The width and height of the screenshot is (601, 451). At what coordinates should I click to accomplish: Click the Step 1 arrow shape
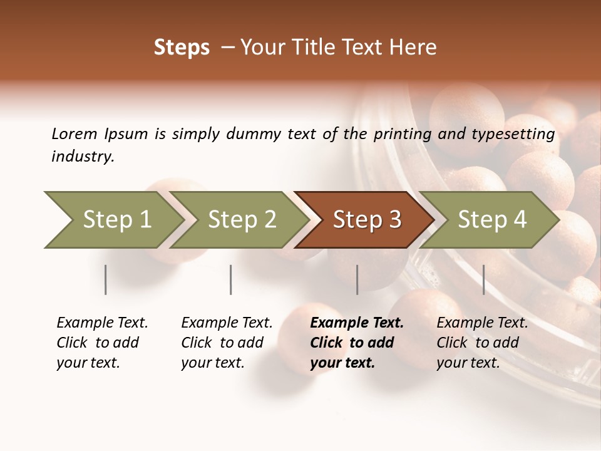coord(116,220)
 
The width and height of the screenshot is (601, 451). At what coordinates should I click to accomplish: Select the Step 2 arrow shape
coord(241,220)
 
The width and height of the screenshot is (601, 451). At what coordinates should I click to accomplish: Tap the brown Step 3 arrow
coord(366,220)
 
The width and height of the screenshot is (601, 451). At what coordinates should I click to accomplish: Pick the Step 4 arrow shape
coord(491,220)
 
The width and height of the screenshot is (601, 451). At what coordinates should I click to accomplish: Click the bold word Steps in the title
coord(182,48)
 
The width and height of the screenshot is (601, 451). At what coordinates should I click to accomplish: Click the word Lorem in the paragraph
coord(74,133)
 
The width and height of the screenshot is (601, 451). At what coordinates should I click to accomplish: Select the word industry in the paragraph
coord(83,157)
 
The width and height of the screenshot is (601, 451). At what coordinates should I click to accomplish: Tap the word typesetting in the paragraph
coord(510,134)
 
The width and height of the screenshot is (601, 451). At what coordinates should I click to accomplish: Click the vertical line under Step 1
coord(106,279)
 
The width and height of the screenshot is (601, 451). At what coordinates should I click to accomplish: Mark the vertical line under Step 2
coord(231,279)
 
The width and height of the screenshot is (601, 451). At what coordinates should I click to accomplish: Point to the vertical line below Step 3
coord(357,279)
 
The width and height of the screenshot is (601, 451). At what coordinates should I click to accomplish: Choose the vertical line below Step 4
coord(483,279)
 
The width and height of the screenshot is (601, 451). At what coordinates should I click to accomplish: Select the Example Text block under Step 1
coord(102,343)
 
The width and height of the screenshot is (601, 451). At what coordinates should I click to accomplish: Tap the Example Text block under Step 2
coord(227,343)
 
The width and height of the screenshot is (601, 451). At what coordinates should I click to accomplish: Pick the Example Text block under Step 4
coord(482,343)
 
